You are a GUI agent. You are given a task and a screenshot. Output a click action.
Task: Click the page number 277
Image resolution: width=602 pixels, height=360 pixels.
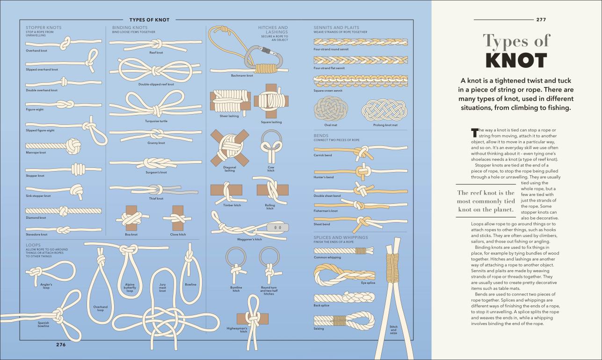pos(541,20)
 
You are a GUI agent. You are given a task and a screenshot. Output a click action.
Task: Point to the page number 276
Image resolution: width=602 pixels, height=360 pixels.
pos(61,345)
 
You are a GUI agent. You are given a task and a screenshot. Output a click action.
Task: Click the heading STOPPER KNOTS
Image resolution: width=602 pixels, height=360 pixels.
pos(44,28)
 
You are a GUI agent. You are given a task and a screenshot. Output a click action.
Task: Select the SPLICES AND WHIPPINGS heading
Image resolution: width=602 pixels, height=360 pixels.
pos(341,238)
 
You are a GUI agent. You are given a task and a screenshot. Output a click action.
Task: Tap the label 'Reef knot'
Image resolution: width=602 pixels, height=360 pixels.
pos(156,53)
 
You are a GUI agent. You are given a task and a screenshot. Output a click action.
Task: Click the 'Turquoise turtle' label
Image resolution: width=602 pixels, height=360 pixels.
pos(156,121)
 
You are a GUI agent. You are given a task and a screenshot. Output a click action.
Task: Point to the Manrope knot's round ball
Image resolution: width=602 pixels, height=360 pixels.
pos(73,146)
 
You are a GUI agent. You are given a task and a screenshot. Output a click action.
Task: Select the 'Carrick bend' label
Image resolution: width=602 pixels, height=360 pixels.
pos(323,155)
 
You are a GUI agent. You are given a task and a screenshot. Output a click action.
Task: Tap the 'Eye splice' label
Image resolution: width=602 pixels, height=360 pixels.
pos(368,283)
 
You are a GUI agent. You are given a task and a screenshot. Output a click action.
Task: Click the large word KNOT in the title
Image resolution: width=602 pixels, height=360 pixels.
pos(516,61)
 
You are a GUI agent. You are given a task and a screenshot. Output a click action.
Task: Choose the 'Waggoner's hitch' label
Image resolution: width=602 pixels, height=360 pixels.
pos(249,239)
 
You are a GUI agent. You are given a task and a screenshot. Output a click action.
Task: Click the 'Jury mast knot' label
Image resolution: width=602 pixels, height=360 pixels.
pos(162,287)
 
